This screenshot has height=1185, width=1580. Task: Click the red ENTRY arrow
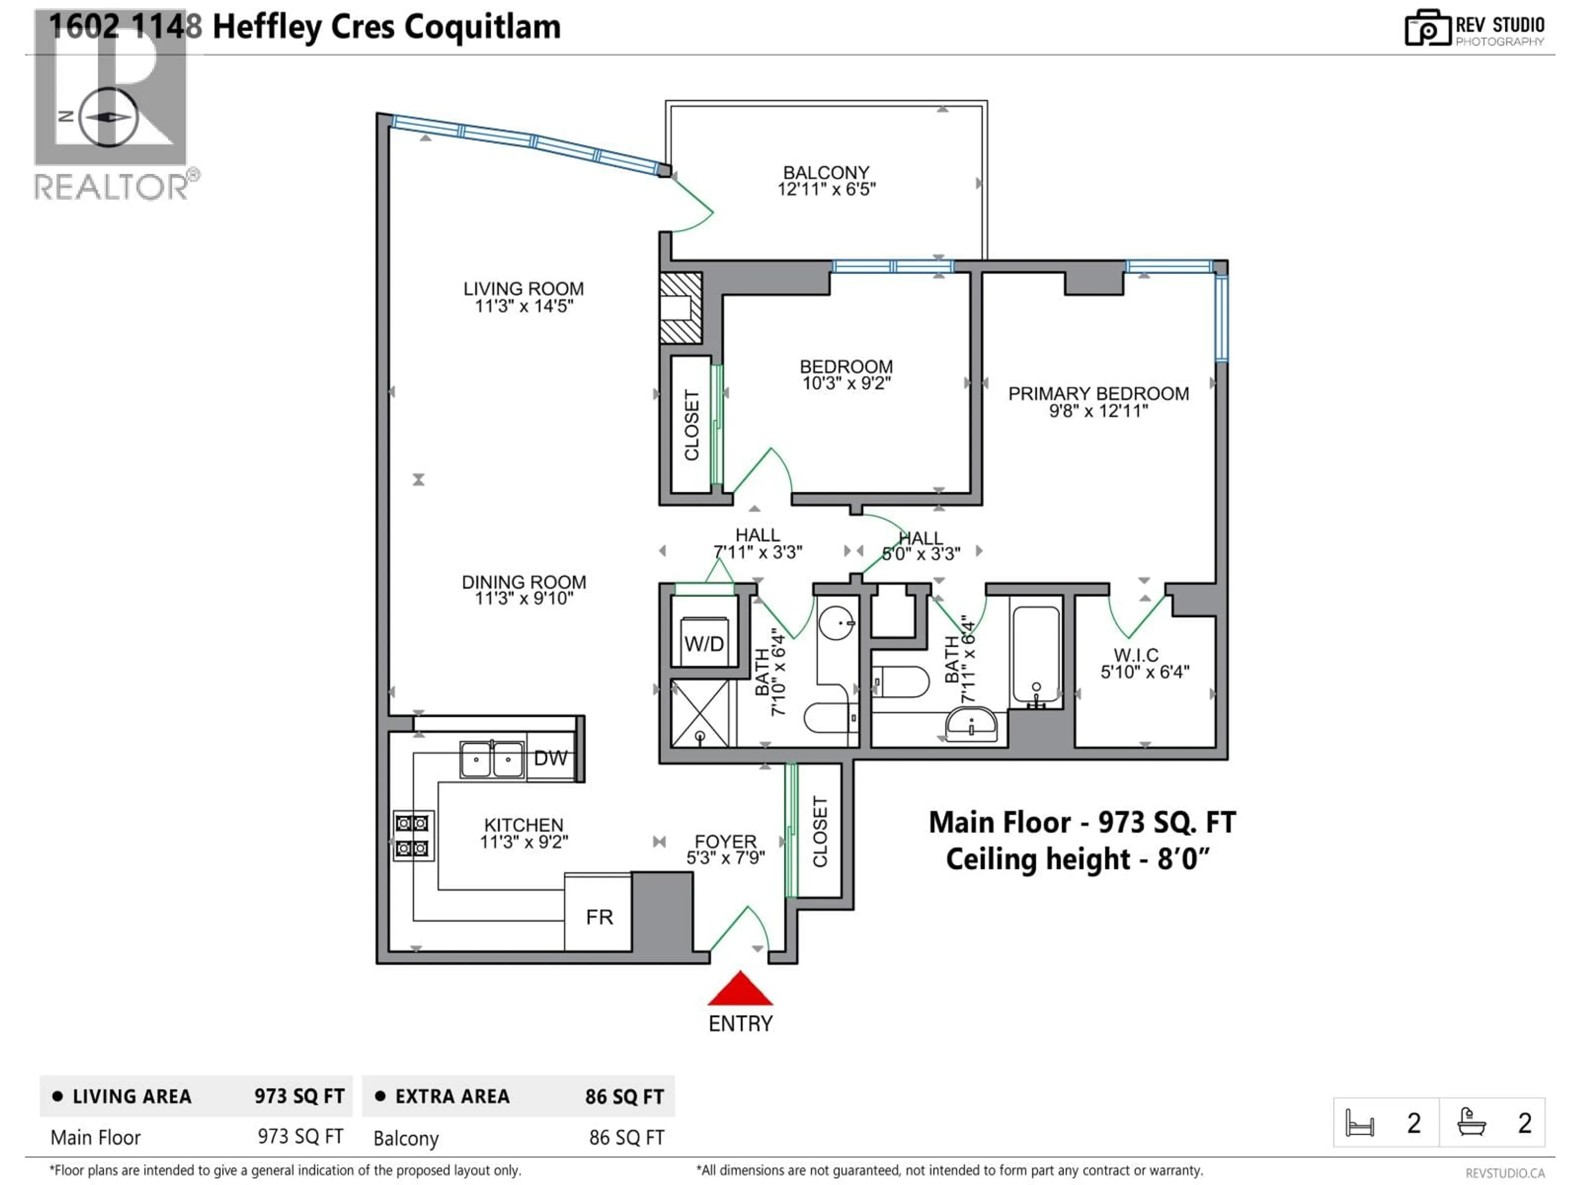point(740,990)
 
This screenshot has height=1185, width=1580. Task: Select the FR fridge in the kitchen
point(599,916)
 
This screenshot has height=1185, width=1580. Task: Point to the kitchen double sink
point(491,759)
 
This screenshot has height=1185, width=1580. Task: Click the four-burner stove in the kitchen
point(413,836)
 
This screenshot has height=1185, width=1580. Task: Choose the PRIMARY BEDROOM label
point(1098,394)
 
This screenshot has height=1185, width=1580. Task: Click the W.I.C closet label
point(1136,655)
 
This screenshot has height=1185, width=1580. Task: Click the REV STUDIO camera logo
point(1427,28)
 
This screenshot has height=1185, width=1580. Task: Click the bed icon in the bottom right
point(1359,1123)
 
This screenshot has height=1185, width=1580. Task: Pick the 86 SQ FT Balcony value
point(626,1138)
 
